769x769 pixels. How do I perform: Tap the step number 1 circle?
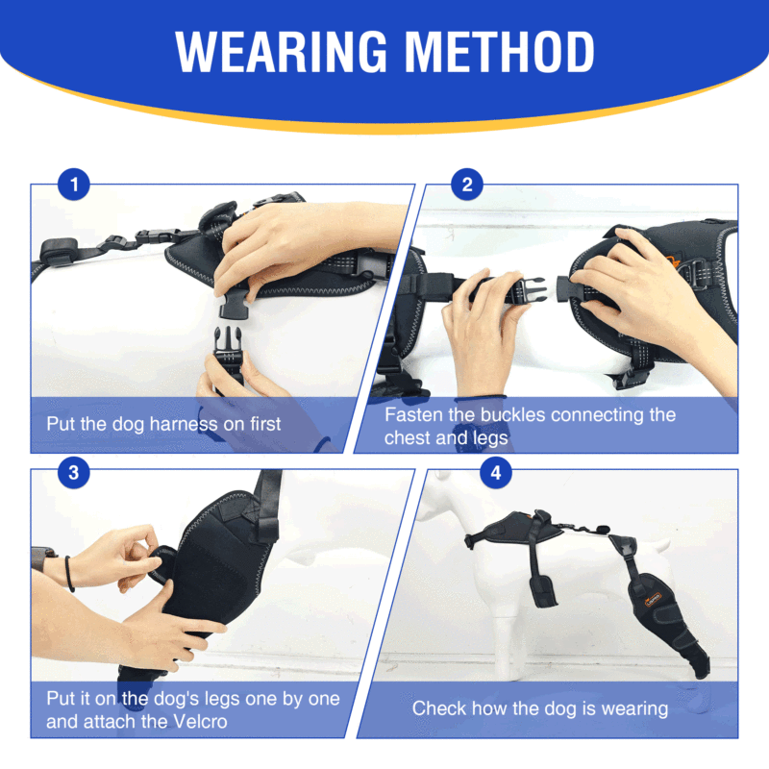pyautogui.click(x=74, y=185)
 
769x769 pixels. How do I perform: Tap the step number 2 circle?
pyautogui.click(x=467, y=185)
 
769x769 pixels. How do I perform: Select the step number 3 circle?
pyautogui.click(x=74, y=473)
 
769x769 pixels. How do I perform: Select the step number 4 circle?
pyautogui.click(x=496, y=473)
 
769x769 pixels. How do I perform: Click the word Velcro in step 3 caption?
pyautogui.click(x=201, y=722)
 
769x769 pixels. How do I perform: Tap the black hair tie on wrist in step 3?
pyautogui.click(x=69, y=574)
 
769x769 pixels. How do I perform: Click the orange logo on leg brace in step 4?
pyautogui.click(x=654, y=599)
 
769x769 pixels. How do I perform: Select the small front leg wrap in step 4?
pyautogui.click(x=543, y=590)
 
